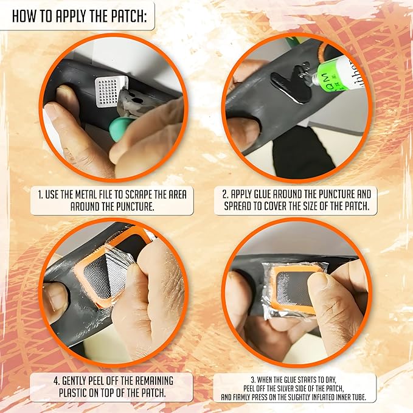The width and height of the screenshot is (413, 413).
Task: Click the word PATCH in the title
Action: pyautogui.click(x=128, y=16)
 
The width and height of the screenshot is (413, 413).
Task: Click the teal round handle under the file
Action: pyautogui.click(x=121, y=129)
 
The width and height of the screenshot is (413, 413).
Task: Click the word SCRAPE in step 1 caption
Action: pyautogui.click(x=138, y=195)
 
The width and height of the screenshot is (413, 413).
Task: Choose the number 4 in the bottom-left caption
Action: pyautogui.click(x=56, y=381)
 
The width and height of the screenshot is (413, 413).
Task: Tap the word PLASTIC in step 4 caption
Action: pyautogui.click(x=73, y=393)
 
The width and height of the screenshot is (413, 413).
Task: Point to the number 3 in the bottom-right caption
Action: pyautogui.click(x=253, y=380)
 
